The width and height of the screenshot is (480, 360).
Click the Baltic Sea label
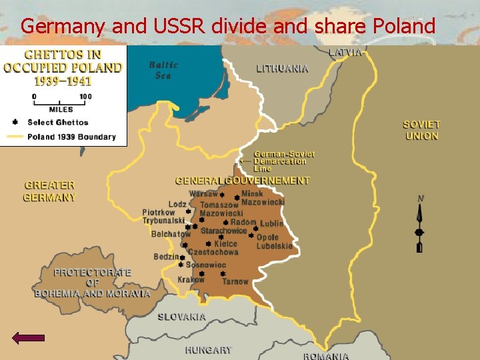pos(163,70)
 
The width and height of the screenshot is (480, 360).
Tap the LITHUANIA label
pos(282,68)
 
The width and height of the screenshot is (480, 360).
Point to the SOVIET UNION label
pos(421,130)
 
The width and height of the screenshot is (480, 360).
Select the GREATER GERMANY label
pos(50,191)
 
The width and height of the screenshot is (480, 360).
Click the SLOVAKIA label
pos(181,317)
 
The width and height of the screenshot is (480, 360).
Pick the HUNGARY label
pos(209,350)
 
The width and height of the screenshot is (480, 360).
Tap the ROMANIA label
pos(325,356)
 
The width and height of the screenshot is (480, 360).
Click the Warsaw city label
pos(203,194)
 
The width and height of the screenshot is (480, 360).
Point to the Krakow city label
pos(191,280)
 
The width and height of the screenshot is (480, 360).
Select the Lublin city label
pos(271,223)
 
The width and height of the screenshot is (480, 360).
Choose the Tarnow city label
pos(235,281)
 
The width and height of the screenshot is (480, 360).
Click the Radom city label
pos(243,222)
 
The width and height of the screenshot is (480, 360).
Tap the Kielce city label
pos(225,244)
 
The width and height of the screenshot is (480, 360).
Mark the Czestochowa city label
pos(213,252)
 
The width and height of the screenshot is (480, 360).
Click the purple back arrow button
pos(29,338)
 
